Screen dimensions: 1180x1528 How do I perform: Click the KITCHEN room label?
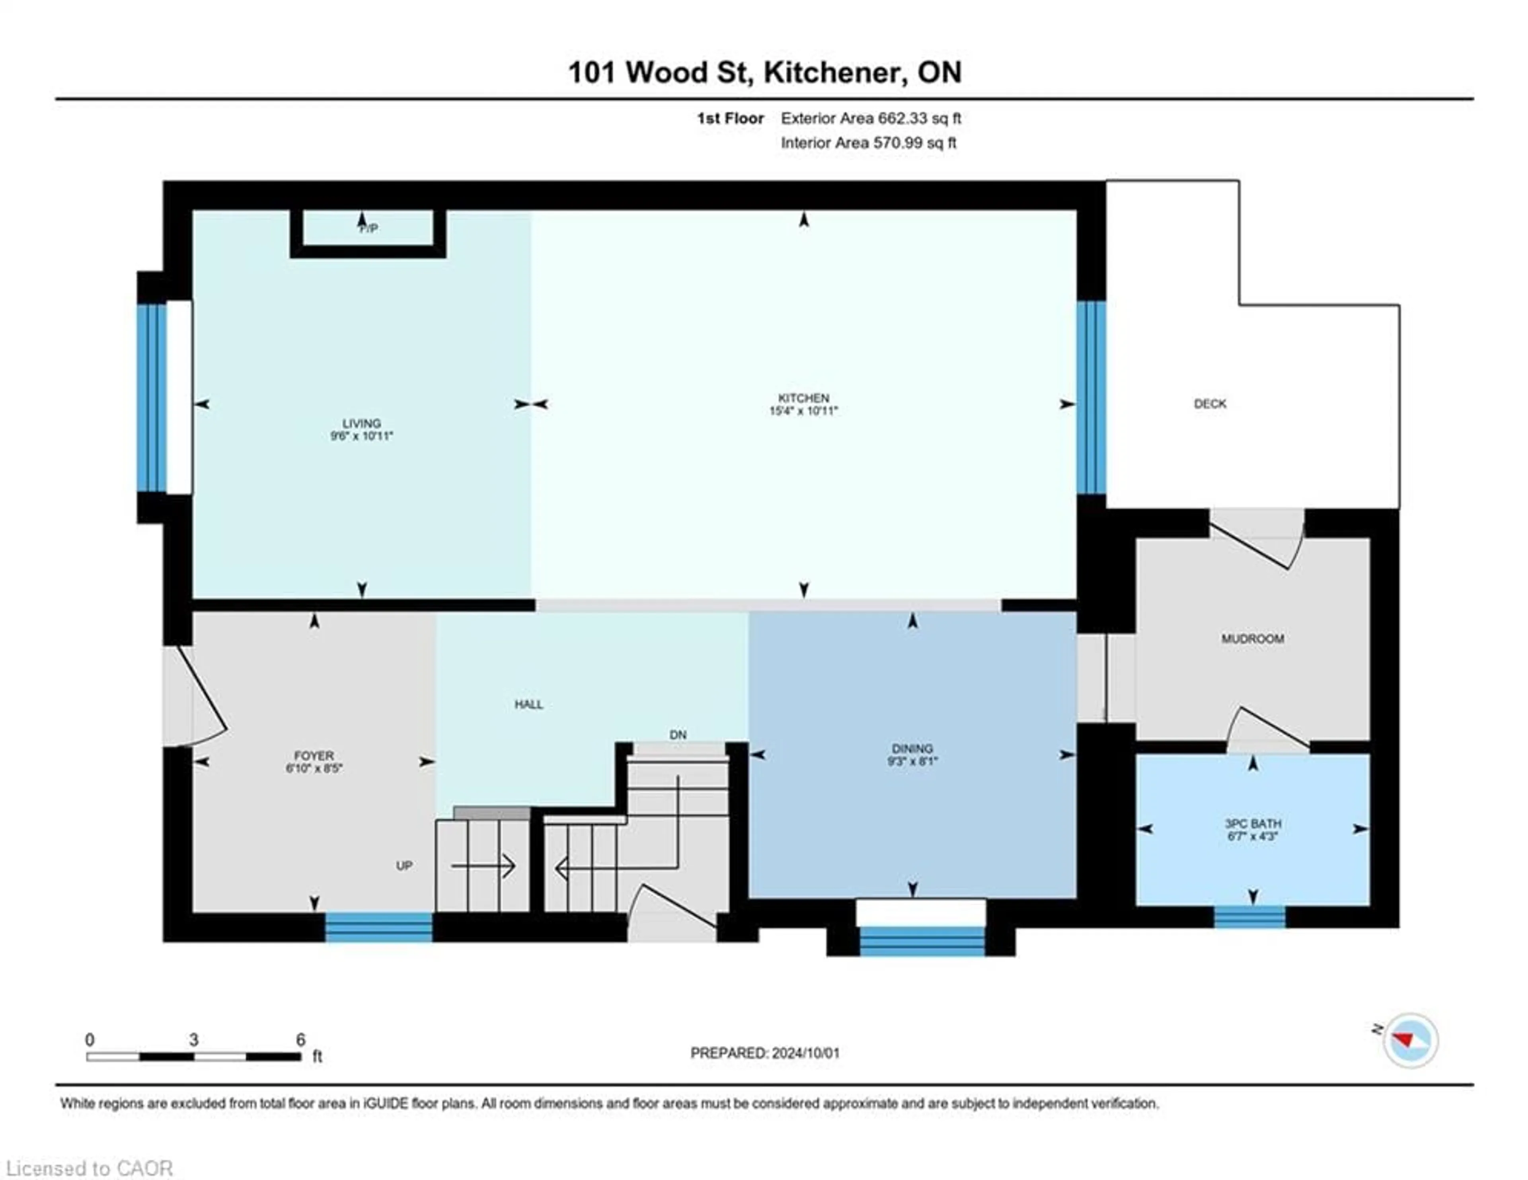(x=803, y=398)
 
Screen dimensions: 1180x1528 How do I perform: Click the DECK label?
(x=1210, y=404)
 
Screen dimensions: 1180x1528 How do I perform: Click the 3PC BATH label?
(x=1252, y=824)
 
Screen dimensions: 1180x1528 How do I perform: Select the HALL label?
(x=529, y=705)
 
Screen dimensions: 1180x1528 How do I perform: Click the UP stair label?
(x=404, y=866)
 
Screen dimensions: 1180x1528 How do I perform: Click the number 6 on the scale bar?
(x=300, y=1040)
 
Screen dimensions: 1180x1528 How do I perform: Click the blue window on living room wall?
(x=151, y=398)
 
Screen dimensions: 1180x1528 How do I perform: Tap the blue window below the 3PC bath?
(x=1249, y=917)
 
